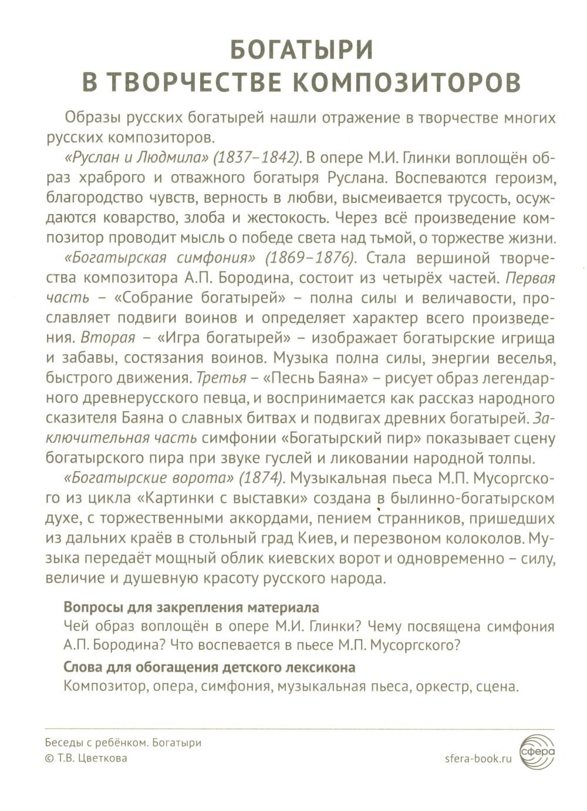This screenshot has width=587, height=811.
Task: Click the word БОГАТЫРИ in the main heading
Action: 301,50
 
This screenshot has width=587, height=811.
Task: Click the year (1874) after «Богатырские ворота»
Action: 259,478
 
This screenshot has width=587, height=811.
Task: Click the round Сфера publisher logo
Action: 537,750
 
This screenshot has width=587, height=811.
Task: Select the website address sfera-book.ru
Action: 479,758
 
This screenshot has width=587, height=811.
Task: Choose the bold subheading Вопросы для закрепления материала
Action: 191,606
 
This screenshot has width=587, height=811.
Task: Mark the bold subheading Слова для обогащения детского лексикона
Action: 209,667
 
